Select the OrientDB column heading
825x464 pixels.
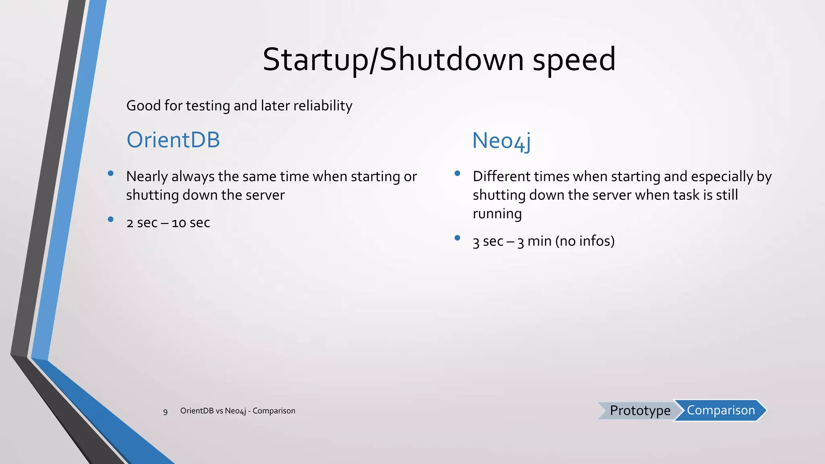173,140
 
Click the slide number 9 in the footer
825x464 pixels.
165,412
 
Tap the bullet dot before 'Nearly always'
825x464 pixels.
111,174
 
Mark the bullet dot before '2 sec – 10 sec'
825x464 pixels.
111,220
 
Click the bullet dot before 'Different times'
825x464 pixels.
457,174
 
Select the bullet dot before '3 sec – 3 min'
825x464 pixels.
457,238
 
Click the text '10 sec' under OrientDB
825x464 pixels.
191,223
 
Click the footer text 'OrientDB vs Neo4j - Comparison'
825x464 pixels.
238,411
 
